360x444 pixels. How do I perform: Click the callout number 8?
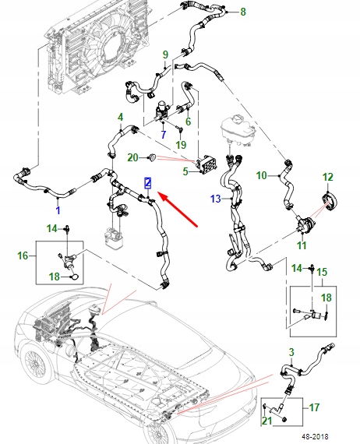(x=243, y=12)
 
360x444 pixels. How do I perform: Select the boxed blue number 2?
(x=148, y=183)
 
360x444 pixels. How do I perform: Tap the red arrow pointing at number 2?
(x=178, y=209)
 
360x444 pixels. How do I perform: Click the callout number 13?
(x=216, y=199)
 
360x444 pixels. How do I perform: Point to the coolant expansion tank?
(x=238, y=130)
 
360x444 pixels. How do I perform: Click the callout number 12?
(x=328, y=177)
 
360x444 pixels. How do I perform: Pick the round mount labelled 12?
(x=330, y=201)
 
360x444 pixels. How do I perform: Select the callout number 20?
(x=132, y=157)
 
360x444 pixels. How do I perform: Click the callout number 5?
(x=185, y=171)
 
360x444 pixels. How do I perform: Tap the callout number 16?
(x=23, y=255)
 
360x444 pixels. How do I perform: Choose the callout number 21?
(x=266, y=421)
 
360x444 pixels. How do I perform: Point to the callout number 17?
(x=314, y=407)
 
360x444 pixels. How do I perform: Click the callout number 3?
(x=291, y=352)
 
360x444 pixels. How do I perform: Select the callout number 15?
(x=322, y=272)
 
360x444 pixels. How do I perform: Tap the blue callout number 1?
(x=58, y=210)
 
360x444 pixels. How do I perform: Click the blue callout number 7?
(x=163, y=134)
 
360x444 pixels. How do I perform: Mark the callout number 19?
(x=181, y=145)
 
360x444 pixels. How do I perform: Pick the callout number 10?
(x=261, y=175)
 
